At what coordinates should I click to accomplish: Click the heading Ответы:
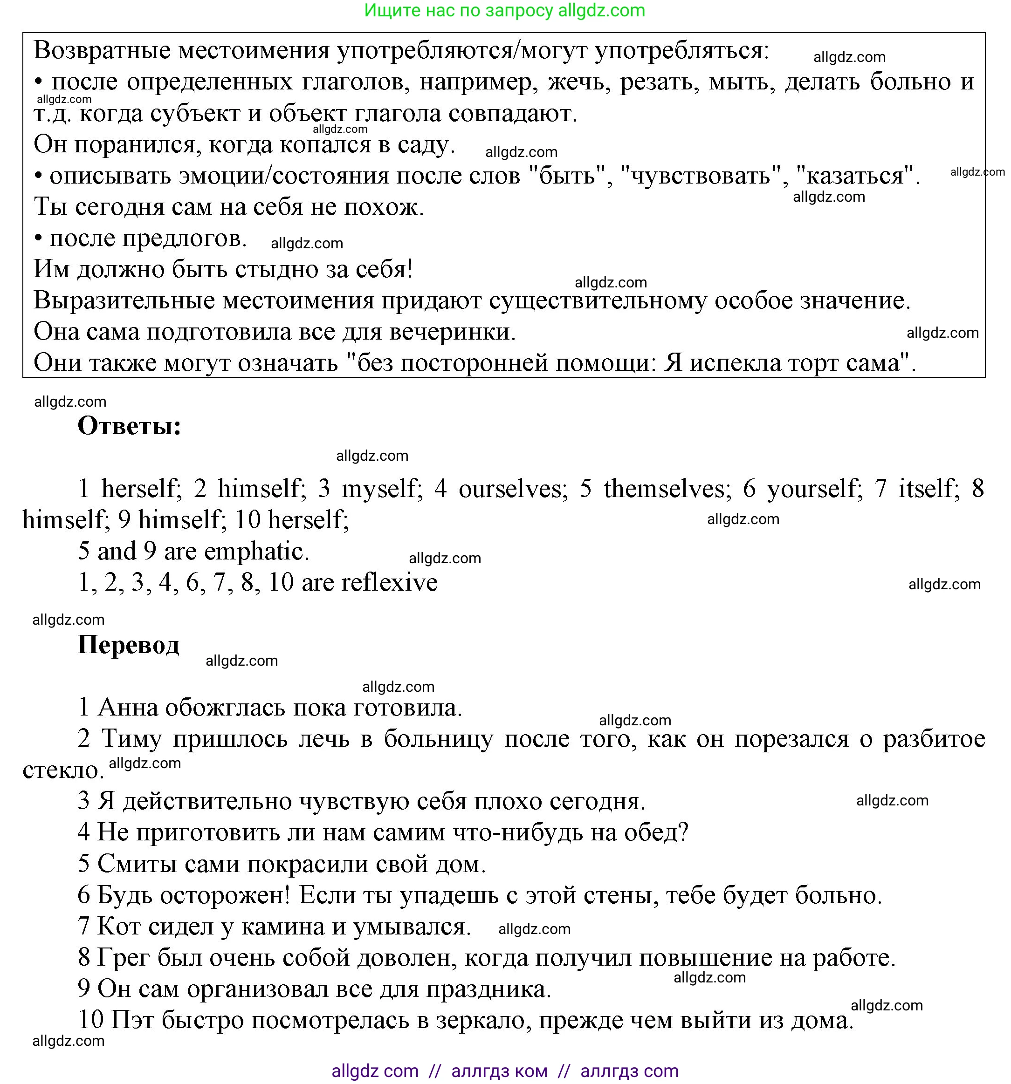tap(129, 426)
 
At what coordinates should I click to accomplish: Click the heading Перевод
tap(128, 645)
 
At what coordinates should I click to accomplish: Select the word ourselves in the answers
tap(509, 489)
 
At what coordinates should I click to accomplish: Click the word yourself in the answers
tap(812, 489)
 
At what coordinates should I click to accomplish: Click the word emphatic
tap(256, 551)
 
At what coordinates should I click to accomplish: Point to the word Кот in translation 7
tap(116, 927)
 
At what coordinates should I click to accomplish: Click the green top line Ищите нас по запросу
tap(504, 10)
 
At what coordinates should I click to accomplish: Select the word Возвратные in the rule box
tap(102, 51)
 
